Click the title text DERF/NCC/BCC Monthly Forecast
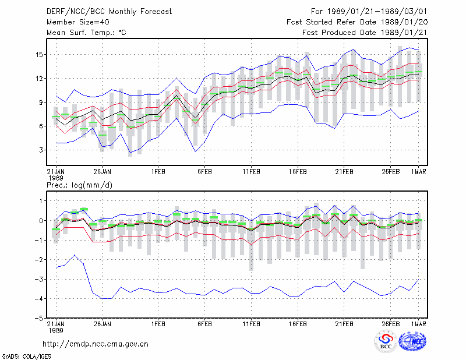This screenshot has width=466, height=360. (x=109, y=12)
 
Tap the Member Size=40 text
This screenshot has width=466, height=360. (x=78, y=22)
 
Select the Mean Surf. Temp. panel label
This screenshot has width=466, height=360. (x=86, y=33)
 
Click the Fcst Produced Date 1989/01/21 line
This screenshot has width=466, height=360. (x=365, y=33)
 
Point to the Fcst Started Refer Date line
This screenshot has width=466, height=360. (x=357, y=22)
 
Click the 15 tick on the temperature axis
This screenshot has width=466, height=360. (x=39, y=55)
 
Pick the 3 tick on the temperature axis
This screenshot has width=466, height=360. (x=41, y=150)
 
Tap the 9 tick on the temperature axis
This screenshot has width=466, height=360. (x=41, y=103)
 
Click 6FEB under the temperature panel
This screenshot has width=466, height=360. (x=204, y=172)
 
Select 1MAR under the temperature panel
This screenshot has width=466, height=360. (x=419, y=172)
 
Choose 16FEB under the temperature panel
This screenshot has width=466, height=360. (x=298, y=172)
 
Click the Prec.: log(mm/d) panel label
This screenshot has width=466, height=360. (x=79, y=185)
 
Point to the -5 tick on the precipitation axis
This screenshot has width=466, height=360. (x=39, y=318)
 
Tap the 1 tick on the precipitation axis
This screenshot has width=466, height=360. (x=41, y=201)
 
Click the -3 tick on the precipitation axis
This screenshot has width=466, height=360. (x=39, y=279)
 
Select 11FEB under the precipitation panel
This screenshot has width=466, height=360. (x=251, y=324)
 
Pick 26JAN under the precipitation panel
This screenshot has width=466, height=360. (x=103, y=324)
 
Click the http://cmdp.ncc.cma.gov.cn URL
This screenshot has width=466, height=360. (x=96, y=344)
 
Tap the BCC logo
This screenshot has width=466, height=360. (x=386, y=342)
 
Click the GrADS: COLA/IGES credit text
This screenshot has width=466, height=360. (x=26, y=357)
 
